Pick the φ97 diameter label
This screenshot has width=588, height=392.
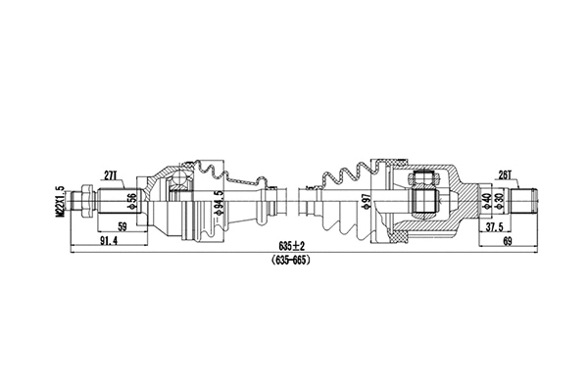click(x=367, y=203)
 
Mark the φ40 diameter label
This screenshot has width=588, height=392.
click(x=486, y=202)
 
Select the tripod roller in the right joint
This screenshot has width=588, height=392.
click(x=425, y=188)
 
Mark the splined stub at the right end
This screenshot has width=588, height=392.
click(x=527, y=200)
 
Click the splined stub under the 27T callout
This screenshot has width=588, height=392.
click(x=110, y=201)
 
